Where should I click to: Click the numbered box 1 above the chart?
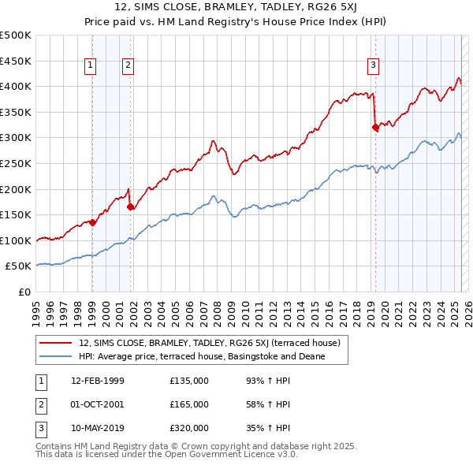coord(91,66)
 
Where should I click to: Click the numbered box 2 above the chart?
coord(128,66)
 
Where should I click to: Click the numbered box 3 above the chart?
coord(373,66)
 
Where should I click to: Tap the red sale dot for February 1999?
coord(92,222)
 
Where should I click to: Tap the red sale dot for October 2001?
coord(130,207)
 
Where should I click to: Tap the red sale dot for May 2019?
coord(375,128)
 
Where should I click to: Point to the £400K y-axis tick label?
coord(16,86)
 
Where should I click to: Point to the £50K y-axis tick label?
coord(19,266)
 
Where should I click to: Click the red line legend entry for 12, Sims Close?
coord(209,343)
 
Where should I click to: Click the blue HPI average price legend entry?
coord(201,357)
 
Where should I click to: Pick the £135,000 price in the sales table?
coord(188,381)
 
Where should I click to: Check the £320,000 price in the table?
coord(188,428)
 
